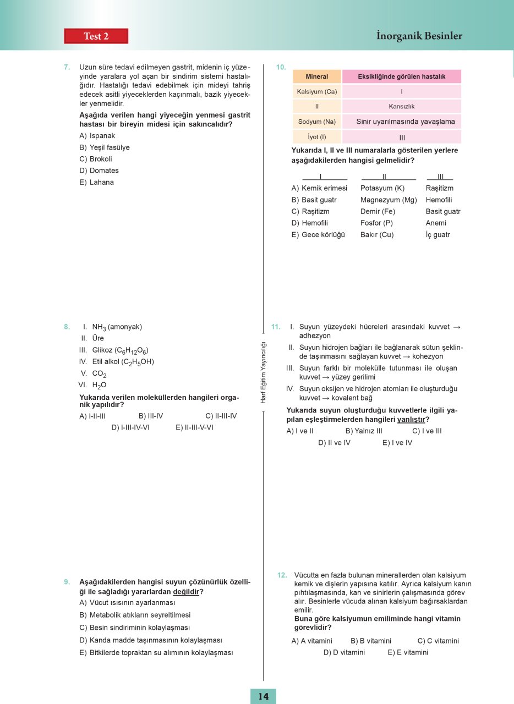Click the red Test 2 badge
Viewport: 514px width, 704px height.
96,36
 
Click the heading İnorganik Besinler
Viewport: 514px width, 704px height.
419,36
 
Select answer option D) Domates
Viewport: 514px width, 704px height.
99,170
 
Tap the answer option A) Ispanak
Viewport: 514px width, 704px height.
97,135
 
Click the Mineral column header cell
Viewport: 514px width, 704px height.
316,76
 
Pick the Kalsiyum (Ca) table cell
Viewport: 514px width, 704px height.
316,91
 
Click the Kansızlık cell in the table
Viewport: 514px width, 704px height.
401,106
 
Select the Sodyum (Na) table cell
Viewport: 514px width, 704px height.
316,122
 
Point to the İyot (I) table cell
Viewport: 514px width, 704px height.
316,137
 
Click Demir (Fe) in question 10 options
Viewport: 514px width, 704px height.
378,211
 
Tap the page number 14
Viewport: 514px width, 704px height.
263,696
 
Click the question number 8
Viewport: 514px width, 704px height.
67,327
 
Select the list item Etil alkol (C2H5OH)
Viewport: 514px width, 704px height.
123,361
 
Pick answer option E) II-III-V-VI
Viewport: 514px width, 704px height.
194,427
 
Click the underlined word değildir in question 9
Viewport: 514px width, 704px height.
185,592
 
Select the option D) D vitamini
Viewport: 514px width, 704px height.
344,652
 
